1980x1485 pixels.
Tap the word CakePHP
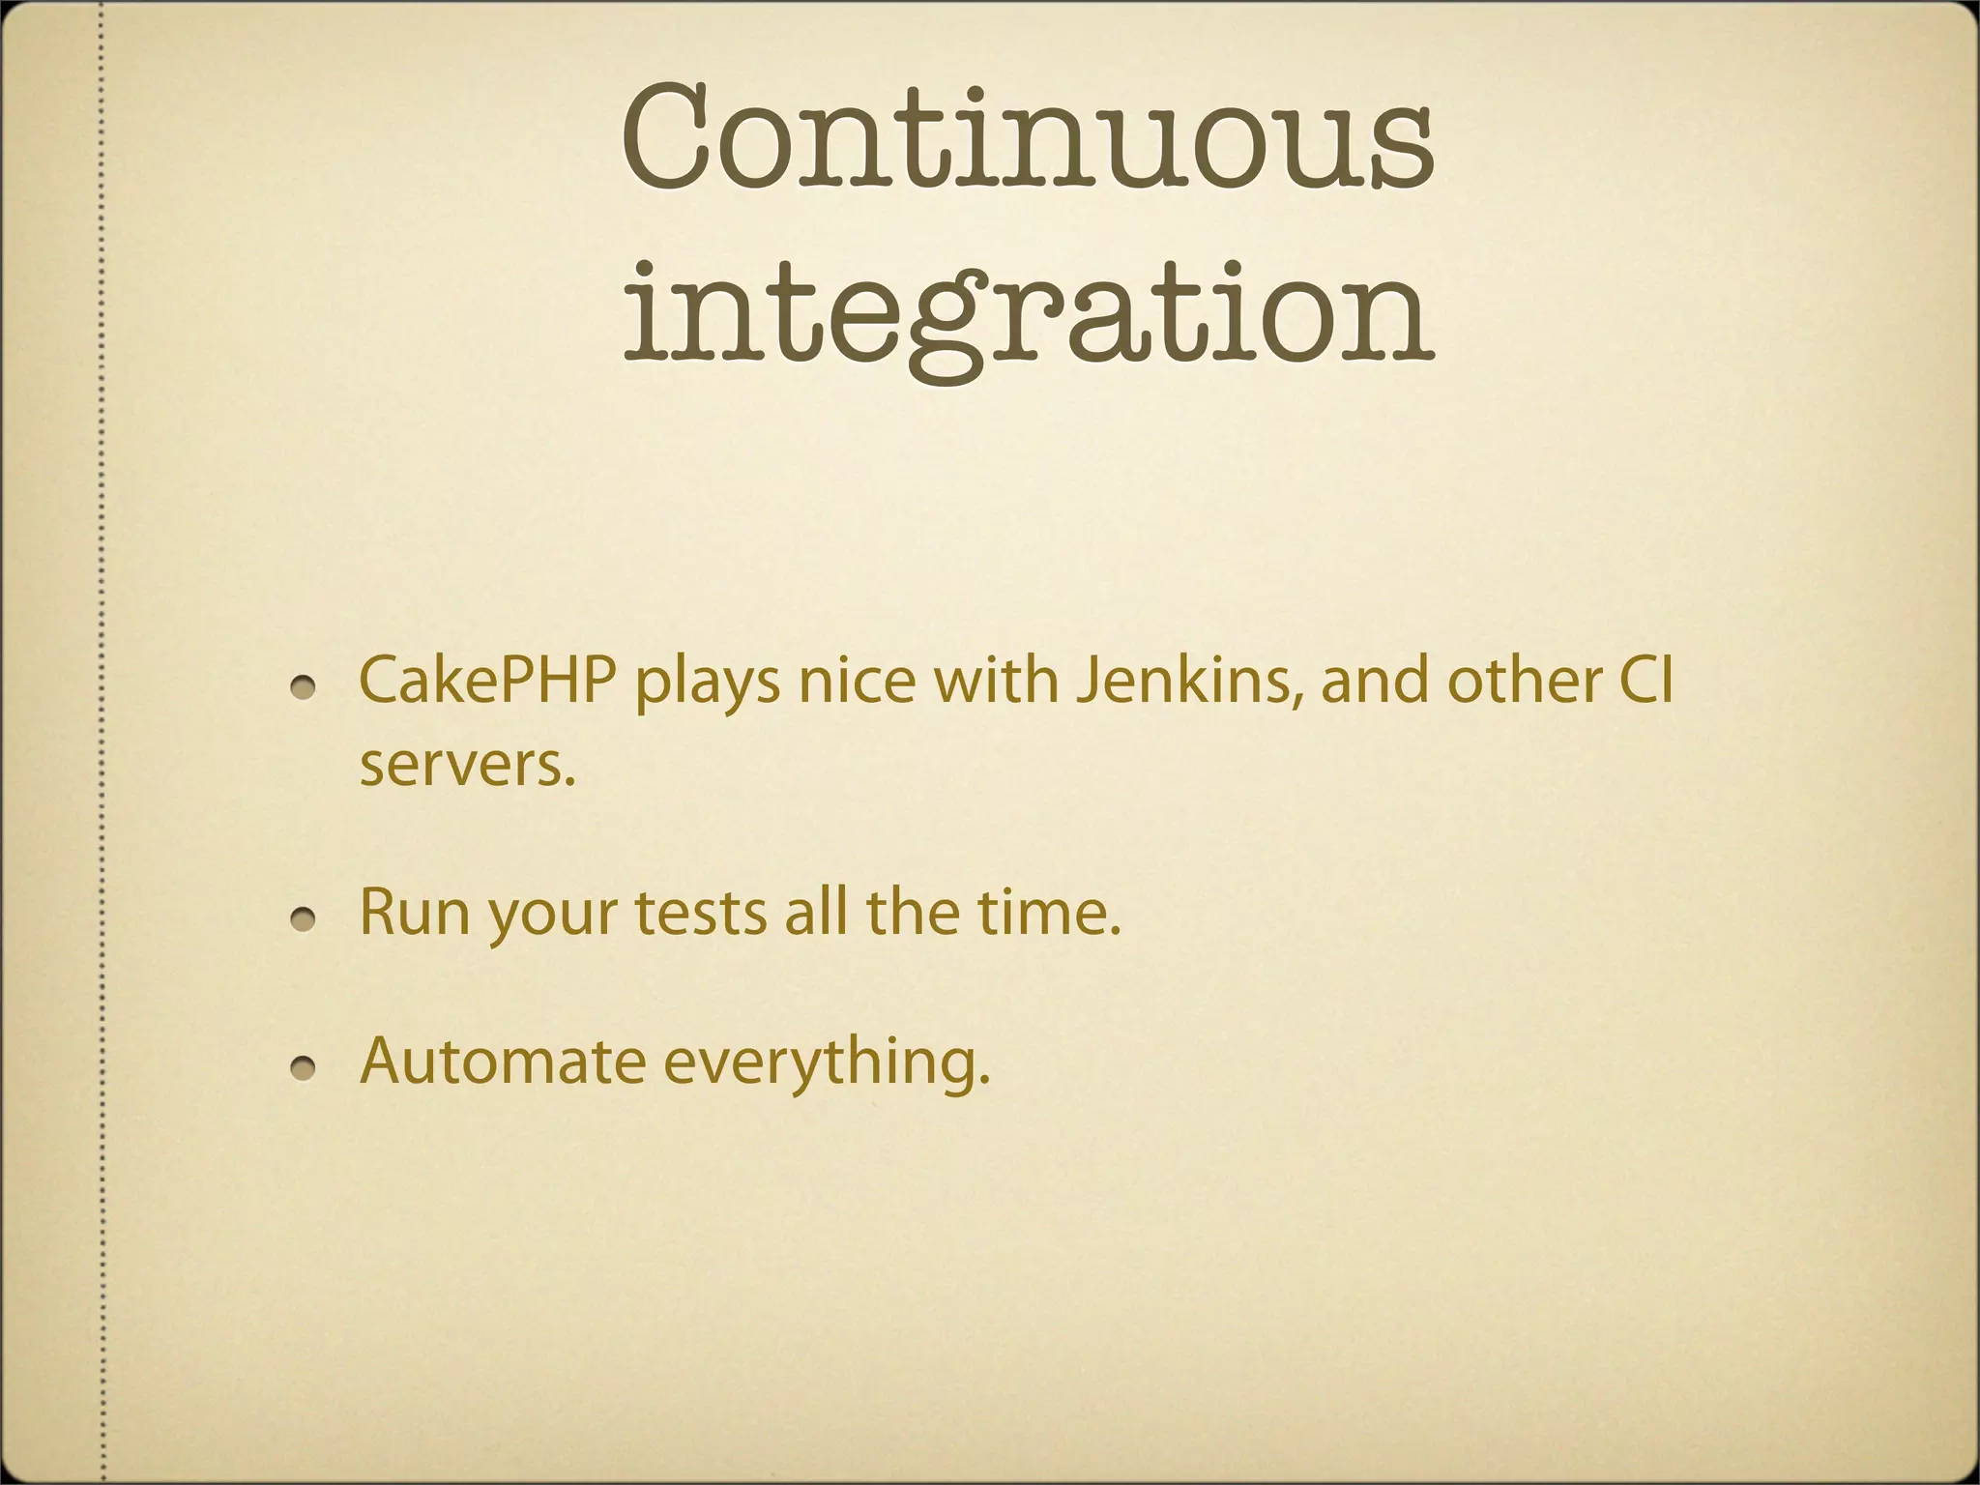point(487,681)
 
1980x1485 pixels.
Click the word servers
point(468,766)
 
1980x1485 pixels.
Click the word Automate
point(502,1062)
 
